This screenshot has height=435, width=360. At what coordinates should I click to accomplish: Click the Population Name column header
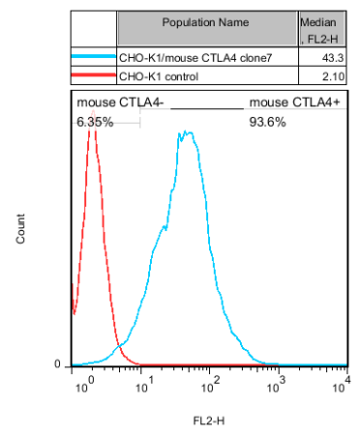pos(206,21)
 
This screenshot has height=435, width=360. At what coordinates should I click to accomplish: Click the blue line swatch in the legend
pos(93,59)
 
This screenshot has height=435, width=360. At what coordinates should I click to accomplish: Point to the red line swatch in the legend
pos(93,76)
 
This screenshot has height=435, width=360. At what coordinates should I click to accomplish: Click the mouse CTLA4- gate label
pos(106,102)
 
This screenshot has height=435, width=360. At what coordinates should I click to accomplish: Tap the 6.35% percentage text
pos(95,123)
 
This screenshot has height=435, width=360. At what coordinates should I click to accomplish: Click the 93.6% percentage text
pos(266,123)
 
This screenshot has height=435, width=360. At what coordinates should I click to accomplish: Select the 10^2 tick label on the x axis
pos(213,387)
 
